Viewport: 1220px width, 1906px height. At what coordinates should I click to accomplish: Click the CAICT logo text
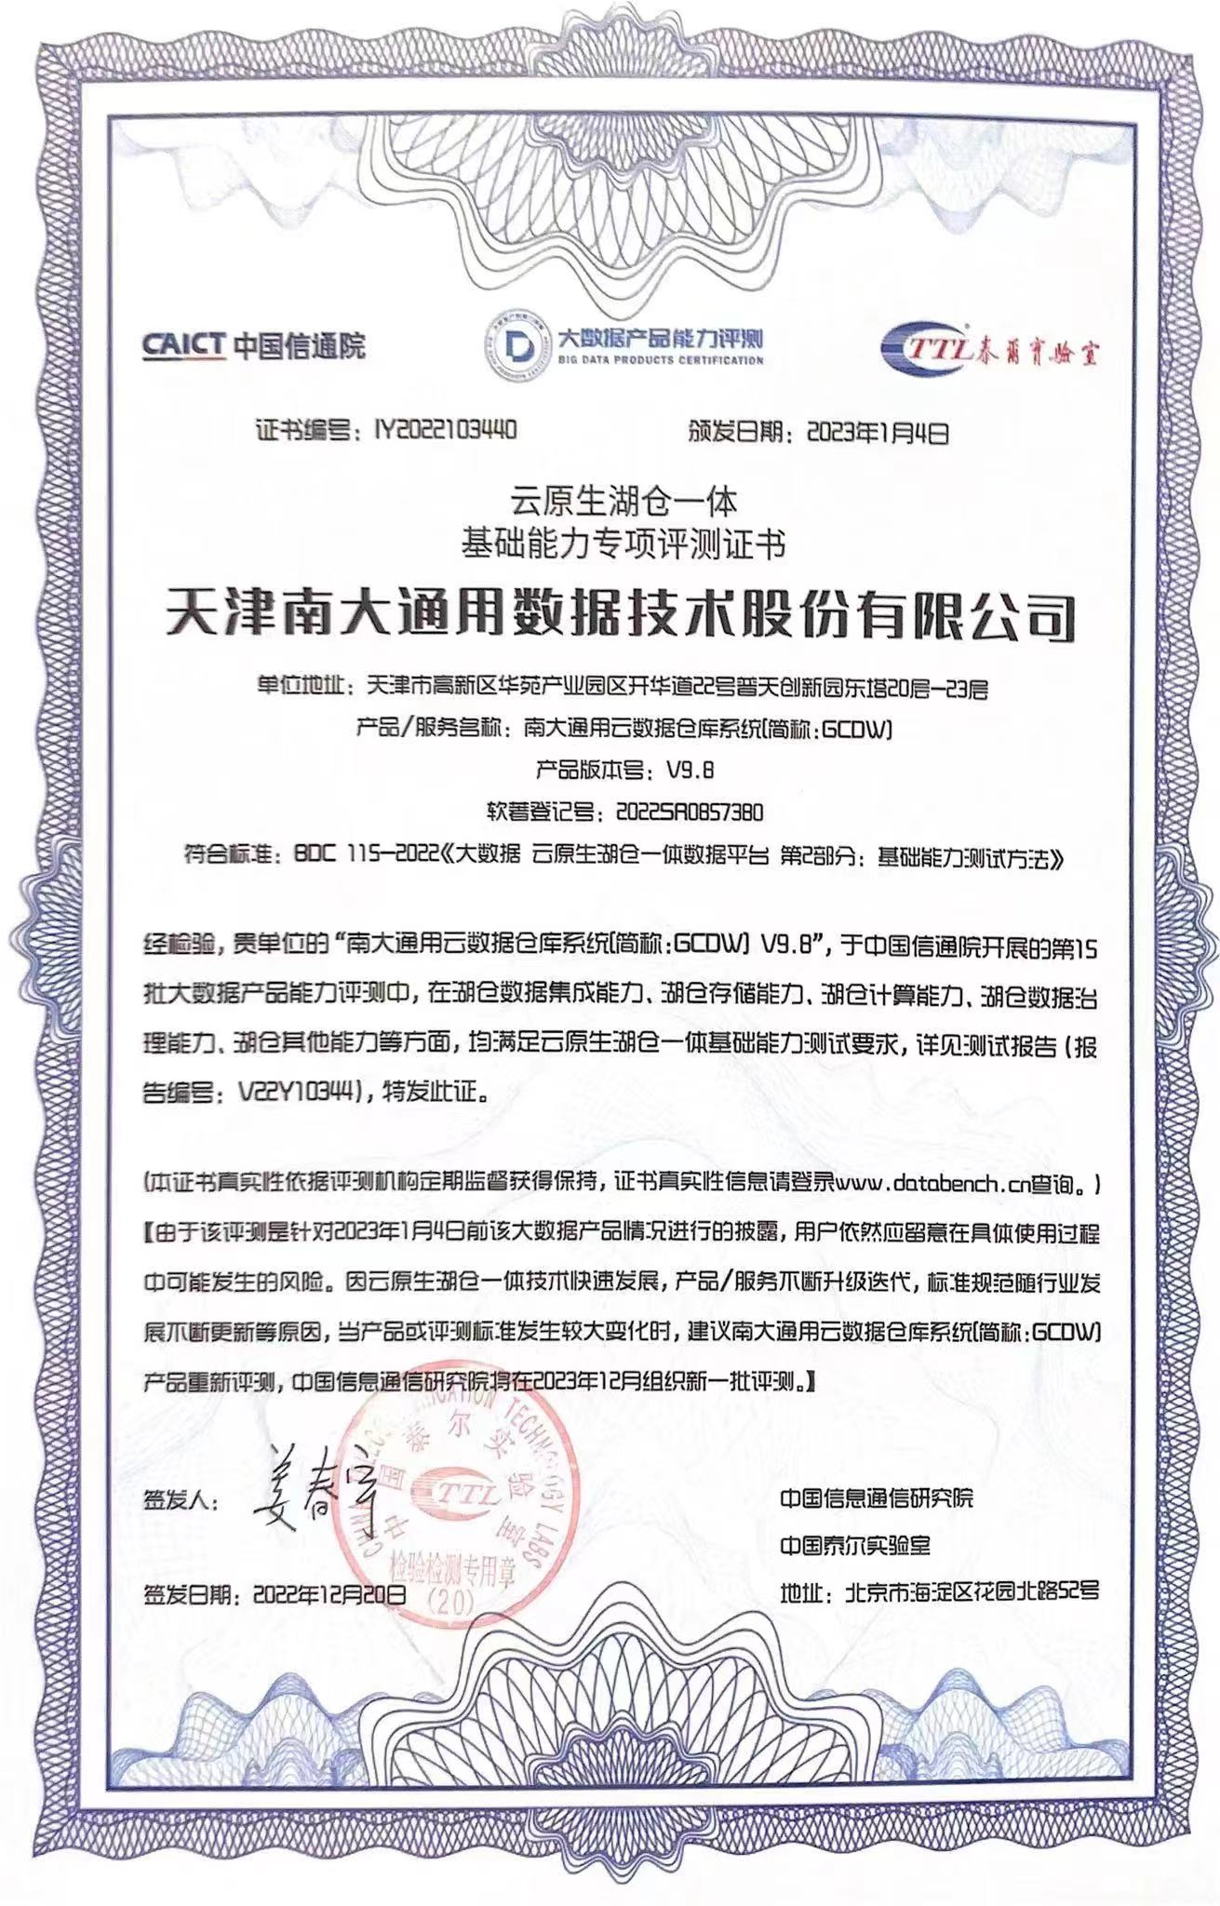(x=183, y=345)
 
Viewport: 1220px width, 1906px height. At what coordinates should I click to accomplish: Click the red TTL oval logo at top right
(x=924, y=351)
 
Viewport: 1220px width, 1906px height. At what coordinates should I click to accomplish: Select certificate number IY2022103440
(x=445, y=430)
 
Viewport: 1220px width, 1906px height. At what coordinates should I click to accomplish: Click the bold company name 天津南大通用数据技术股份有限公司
(x=620, y=614)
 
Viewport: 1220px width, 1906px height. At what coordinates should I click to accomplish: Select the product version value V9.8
(x=690, y=771)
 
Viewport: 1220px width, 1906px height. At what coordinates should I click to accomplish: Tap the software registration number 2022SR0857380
(x=690, y=812)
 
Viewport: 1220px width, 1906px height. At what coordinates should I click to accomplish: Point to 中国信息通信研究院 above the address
(x=877, y=1497)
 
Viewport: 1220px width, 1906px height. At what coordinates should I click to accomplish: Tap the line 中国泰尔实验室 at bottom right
(x=854, y=1546)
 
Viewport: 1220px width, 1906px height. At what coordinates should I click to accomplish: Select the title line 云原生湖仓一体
(x=623, y=503)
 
